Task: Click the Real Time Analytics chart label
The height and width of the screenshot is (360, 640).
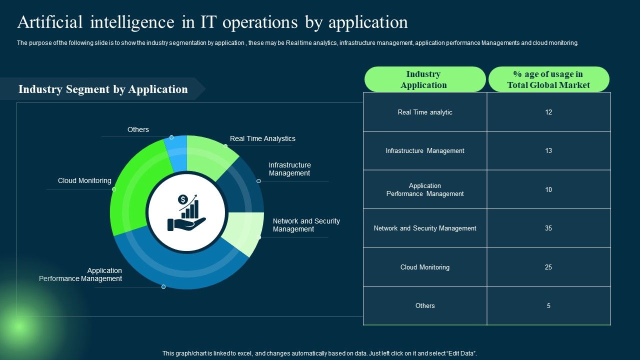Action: tap(262, 138)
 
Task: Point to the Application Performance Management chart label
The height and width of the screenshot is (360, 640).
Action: tap(80, 274)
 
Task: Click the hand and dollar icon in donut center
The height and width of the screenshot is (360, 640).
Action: tap(187, 212)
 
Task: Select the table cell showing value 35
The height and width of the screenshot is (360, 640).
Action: tap(548, 228)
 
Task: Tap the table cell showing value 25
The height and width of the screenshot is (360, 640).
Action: tap(548, 267)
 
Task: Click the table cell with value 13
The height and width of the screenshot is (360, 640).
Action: tap(548, 150)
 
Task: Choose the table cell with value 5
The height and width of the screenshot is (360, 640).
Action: tap(548, 305)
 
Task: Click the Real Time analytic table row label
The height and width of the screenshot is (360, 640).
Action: tap(425, 112)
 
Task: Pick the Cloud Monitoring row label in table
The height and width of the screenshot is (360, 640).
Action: tap(425, 267)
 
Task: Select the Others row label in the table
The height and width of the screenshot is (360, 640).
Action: tap(425, 305)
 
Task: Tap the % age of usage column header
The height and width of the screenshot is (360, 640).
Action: tap(548, 79)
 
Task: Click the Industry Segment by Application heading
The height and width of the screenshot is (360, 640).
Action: tap(103, 89)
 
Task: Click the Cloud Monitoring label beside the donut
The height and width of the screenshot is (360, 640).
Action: tap(84, 180)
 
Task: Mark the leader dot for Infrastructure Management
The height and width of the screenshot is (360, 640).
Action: tap(259, 181)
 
